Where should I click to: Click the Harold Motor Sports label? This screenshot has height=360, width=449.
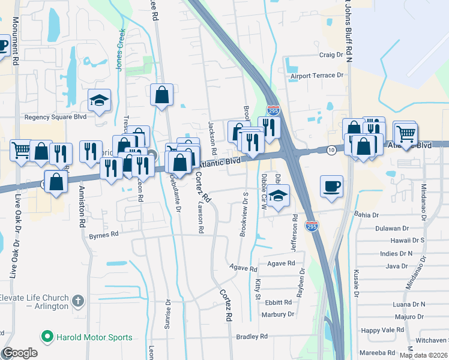coord(94,337)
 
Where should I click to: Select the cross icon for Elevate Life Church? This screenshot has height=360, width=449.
coord(77,300)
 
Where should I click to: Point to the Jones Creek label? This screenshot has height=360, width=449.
coord(121,50)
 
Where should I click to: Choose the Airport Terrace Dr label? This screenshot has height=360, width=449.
coord(316,76)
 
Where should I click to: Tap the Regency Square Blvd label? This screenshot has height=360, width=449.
coord(55,117)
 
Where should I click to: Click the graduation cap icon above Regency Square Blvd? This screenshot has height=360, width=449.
coord(99,99)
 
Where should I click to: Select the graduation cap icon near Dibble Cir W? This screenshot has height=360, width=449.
coord(277,196)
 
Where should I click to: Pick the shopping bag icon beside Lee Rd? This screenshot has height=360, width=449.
coord(161,94)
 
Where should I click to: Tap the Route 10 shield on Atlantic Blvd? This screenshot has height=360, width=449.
coord(331,149)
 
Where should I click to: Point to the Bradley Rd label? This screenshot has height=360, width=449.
coord(252,337)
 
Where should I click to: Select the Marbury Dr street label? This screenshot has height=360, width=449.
coord(279,314)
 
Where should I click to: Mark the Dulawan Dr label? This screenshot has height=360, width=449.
coord(391,228)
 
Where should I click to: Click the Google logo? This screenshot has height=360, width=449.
coord(19,353)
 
